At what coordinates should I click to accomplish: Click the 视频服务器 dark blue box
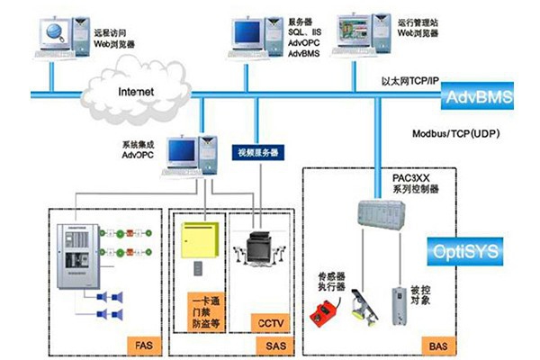coord(255,152)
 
